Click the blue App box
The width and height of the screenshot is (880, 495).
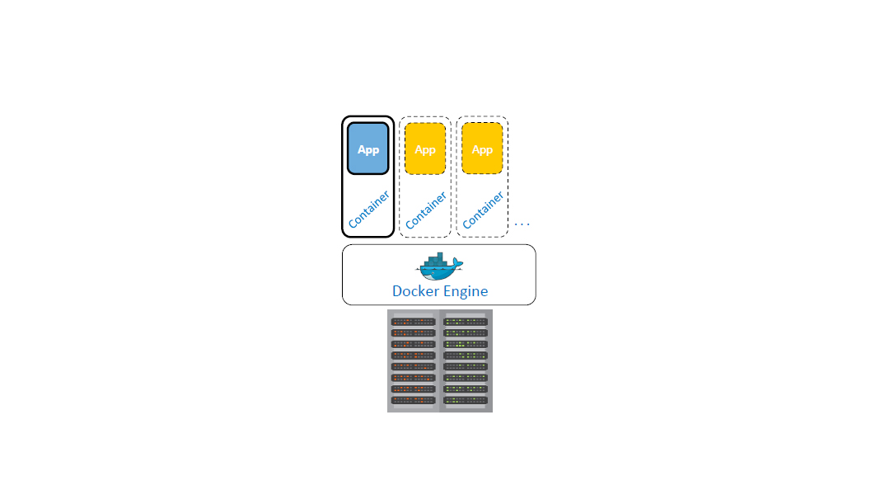click(367, 148)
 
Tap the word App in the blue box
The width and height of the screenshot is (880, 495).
click(367, 150)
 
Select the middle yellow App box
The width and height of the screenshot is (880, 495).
click(425, 148)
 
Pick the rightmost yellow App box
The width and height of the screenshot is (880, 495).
click(482, 148)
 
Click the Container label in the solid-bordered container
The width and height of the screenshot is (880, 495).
click(368, 209)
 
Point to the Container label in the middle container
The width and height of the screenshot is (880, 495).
click(426, 210)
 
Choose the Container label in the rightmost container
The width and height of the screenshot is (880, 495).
click(483, 210)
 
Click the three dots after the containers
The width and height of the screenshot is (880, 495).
click(522, 224)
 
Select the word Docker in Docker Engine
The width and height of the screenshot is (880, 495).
click(415, 291)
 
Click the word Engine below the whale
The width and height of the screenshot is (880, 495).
click(464, 292)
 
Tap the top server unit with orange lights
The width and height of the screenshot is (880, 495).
click(413, 322)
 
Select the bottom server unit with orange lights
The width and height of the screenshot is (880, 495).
click(413, 400)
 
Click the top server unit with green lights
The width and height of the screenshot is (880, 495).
click(466, 322)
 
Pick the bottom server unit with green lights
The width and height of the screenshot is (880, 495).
click(466, 400)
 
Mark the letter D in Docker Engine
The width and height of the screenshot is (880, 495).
click(397, 291)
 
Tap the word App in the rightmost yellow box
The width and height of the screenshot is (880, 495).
click(482, 150)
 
